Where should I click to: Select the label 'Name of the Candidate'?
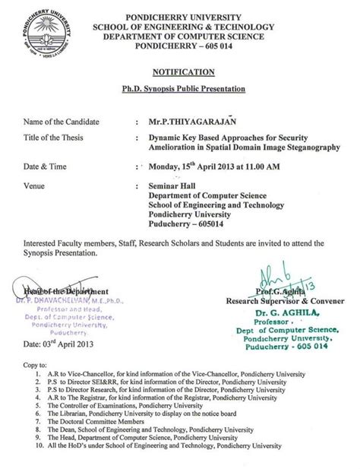pos(62,121)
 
